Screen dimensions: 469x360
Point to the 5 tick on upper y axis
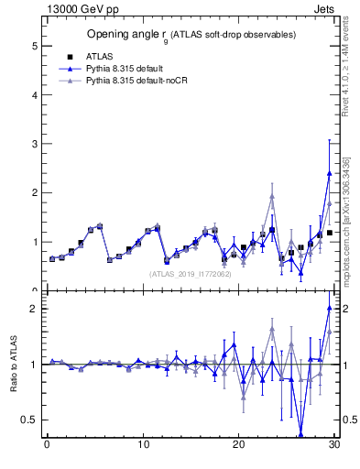coord(36,46)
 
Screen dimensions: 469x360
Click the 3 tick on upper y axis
coord(36,144)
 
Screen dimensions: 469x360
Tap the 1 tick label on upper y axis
coord(36,242)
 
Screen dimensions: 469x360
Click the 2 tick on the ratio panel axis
coord(36,309)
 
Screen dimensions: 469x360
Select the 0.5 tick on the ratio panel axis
coord(32,420)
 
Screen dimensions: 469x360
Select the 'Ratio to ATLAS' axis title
coord(15,365)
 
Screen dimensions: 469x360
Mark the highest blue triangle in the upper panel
coord(329,173)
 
